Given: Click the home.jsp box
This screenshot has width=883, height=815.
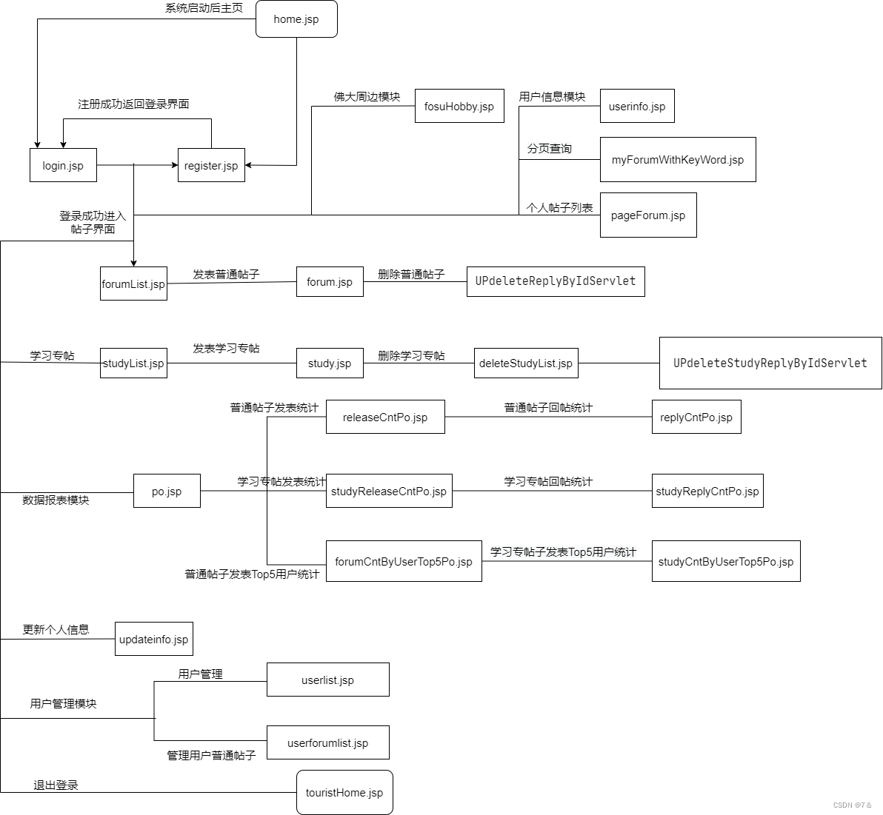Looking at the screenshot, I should click(296, 19).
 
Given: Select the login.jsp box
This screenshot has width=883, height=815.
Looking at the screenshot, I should click(63, 166).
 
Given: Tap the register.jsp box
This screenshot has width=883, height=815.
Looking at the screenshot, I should click(211, 166).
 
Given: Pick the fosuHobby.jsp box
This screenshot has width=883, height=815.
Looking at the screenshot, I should click(459, 107).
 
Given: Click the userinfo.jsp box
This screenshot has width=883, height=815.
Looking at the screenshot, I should click(636, 107).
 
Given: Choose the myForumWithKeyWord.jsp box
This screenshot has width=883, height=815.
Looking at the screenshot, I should click(677, 160).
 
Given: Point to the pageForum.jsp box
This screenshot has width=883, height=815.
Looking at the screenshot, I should click(647, 215).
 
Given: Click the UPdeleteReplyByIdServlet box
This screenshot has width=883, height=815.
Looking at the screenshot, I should click(555, 281).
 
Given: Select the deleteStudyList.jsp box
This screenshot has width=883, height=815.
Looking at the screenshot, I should click(525, 363).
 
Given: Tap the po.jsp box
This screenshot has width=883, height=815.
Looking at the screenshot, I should click(167, 492).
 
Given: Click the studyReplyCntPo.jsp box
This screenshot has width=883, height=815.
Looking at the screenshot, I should click(707, 492).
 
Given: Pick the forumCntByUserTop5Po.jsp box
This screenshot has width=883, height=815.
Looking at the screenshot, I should click(403, 562).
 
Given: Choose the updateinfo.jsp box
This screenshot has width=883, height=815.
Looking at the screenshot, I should click(153, 640).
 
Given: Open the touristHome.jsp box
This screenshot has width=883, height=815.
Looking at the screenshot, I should click(344, 793).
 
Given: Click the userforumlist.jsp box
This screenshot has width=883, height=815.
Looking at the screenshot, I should click(327, 743).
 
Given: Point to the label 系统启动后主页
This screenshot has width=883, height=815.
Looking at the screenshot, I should click(204, 8).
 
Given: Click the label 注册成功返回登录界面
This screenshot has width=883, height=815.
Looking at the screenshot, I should click(133, 104).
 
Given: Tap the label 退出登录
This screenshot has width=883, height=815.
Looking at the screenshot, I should click(56, 785).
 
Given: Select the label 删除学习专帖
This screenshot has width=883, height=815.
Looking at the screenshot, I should click(411, 355).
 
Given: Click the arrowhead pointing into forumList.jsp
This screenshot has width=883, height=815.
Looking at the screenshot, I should click(133, 262).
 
